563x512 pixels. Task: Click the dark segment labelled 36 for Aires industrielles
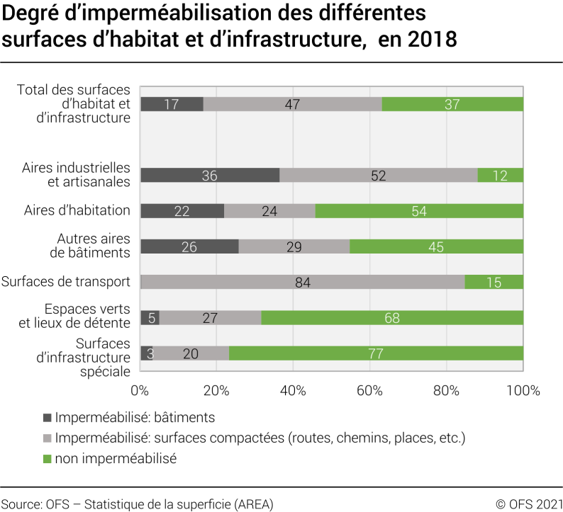(x=210, y=176)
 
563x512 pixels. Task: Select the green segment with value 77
(x=376, y=353)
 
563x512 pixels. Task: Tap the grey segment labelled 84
(x=303, y=282)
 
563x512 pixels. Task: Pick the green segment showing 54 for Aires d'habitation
(x=419, y=211)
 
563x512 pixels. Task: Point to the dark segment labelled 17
(x=172, y=104)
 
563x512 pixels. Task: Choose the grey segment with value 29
(x=294, y=246)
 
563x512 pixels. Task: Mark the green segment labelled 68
(x=392, y=318)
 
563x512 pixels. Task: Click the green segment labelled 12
(x=500, y=176)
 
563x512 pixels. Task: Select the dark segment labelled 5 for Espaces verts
(x=150, y=318)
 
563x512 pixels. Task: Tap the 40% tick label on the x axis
(x=293, y=390)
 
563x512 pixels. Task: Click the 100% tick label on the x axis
(x=523, y=390)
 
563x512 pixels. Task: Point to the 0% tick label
(x=140, y=390)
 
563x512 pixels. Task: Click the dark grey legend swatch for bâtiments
(x=48, y=418)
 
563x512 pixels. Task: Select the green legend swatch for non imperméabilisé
(x=48, y=458)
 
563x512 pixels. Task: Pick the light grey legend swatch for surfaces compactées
(x=48, y=438)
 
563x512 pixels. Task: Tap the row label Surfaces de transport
(x=66, y=282)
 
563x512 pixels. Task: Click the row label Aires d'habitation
(x=77, y=210)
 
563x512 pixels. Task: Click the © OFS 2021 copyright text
(x=528, y=504)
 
